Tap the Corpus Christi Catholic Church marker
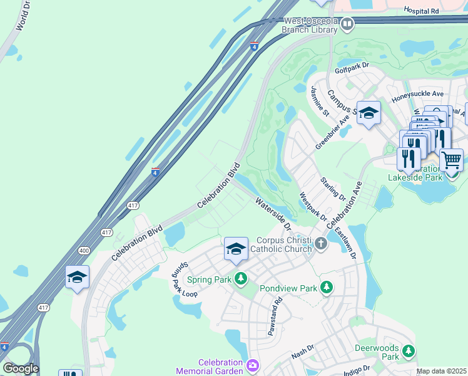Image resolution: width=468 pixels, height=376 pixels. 321,243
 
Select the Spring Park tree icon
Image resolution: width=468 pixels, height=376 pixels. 241,279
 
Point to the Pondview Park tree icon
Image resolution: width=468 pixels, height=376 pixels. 326,288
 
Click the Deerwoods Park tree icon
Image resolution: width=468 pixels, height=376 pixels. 408,351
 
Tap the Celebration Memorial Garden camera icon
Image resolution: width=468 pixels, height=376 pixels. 252,365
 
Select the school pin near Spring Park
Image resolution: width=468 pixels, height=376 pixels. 235,249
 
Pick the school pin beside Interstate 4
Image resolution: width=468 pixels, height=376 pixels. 77,276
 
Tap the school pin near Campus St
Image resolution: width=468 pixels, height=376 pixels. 369,113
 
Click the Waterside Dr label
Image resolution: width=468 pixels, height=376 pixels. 273,214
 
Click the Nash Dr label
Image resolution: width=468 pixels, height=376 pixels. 302,355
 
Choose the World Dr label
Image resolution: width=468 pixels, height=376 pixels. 23,16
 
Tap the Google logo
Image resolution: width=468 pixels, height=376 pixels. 21,368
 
